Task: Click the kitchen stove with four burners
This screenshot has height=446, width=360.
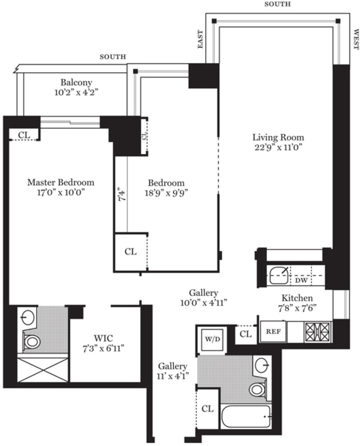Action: (x=317, y=332)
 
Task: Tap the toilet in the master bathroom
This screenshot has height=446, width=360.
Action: (x=32, y=342)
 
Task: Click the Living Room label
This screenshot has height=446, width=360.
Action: (x=278, y=137)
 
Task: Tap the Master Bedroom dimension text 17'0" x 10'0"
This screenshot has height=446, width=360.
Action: (x=61, y=193)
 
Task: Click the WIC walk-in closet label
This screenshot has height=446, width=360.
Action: (x=103, y=337)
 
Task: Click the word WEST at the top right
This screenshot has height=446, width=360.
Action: (x=356, y=39)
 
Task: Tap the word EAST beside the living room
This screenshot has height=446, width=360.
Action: (x=200, y=39)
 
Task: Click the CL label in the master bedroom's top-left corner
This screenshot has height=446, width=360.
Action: (x=24, y=135)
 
